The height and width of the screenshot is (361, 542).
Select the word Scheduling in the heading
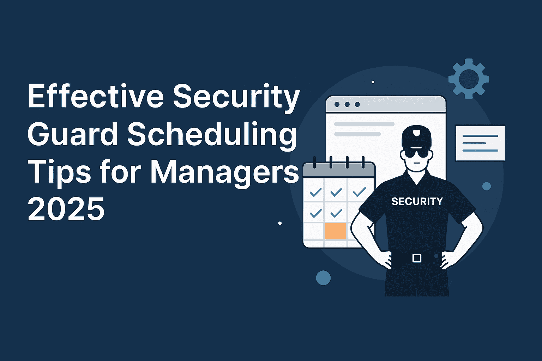click(x=211, y=136)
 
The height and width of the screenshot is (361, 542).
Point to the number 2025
click(x=66, y=209)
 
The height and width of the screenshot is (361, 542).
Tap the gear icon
click(x=469, y=79)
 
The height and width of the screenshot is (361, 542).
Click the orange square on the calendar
click(x=335, y=231)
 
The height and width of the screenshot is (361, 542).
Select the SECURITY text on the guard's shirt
click(x=417, y=201)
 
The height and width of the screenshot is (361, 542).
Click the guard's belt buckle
click(x=417, y=258)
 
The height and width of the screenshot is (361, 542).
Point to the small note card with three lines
click(x=480, y=143)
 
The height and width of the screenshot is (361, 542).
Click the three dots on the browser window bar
click(x=347, y=105)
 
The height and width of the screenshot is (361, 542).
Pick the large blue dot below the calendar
click(x=323, y=278)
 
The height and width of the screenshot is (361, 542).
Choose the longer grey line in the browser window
click(x=364, y=124)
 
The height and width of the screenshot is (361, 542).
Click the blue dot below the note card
click(x=487, y=186)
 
